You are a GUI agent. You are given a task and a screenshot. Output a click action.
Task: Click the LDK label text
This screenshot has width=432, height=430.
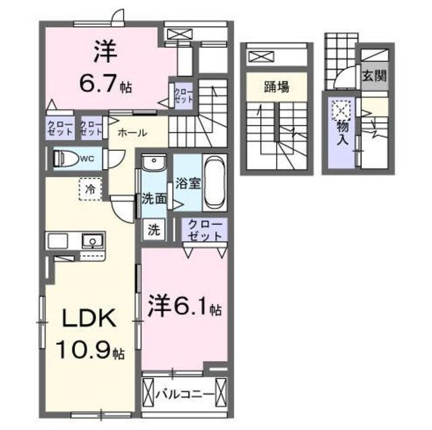point(88,318)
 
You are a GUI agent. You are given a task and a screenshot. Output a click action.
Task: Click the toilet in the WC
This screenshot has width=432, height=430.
point(66,158)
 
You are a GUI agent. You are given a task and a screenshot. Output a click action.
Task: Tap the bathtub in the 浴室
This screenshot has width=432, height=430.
point(215,183)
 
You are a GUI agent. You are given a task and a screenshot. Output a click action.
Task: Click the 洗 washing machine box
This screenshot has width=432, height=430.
point(154,229)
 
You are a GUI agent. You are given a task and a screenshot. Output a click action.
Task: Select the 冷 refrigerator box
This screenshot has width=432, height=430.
point(90,189)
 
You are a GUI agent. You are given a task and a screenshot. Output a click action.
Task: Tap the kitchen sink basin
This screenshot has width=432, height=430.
point(93,241)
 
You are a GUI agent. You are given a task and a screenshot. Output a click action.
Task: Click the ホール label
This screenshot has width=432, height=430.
point(132,133)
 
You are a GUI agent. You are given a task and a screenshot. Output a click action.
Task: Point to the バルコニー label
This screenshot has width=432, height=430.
point(185,394)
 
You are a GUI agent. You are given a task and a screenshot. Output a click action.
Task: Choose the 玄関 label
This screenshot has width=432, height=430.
point(375,76)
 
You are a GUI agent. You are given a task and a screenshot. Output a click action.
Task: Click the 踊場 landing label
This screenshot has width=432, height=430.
point(277,87)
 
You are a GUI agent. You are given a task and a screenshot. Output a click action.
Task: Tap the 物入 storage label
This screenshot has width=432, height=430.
point(342,133)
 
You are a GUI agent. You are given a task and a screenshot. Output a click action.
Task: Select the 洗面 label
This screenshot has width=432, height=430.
point(154,199)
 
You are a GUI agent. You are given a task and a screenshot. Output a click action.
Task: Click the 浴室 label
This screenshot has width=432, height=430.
point(188,183)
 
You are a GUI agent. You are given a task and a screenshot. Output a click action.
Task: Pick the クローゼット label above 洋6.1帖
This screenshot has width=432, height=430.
point(205,230)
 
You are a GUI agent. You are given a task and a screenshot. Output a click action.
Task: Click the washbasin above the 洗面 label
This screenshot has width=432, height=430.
point(154,163)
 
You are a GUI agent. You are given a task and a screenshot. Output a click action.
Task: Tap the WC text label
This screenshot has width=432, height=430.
point(87,158)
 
